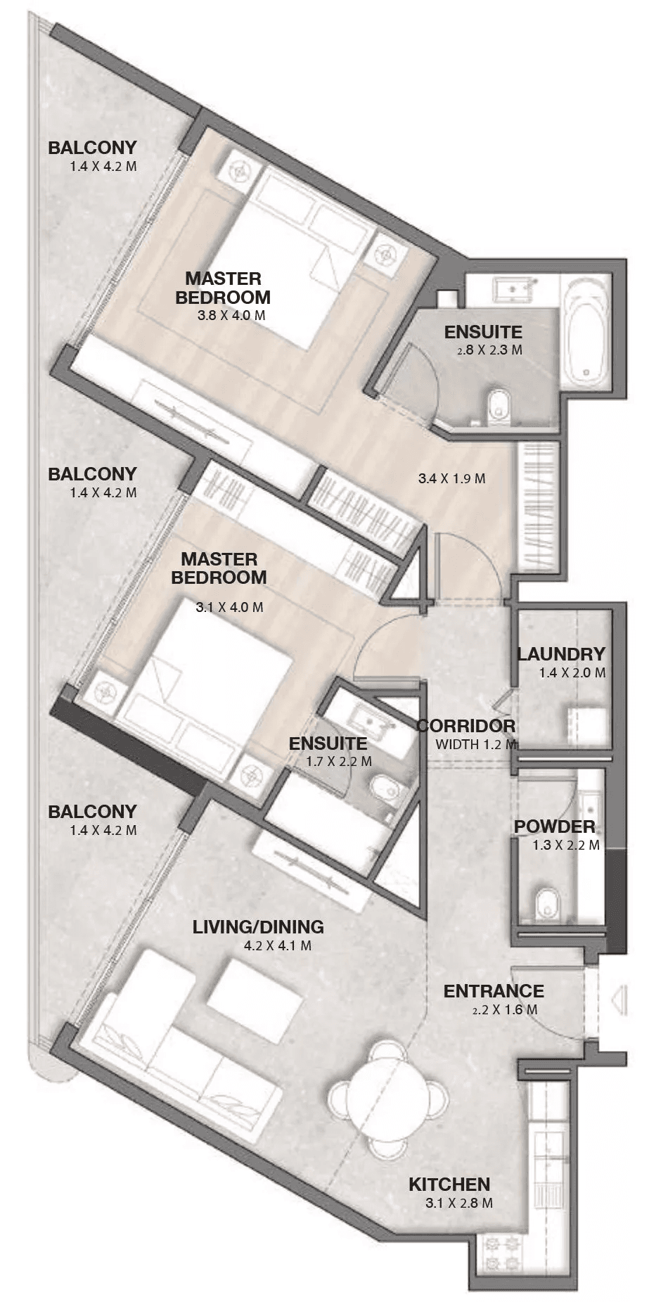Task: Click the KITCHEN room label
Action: point(449,1184)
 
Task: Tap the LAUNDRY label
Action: point(561,654)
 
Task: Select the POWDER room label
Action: point(555,826)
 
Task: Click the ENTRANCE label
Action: point(494,991)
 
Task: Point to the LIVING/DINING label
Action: point(258,927)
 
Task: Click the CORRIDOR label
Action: point(466,726)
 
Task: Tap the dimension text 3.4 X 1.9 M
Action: point(451,479)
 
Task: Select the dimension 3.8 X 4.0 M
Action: point(232,315)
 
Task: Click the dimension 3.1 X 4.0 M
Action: point(230,606)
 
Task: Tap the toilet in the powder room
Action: point(546,903)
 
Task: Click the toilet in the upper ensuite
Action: point(499,406)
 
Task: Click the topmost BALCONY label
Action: point(92,148)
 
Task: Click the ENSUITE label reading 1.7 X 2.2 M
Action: point(328,743)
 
